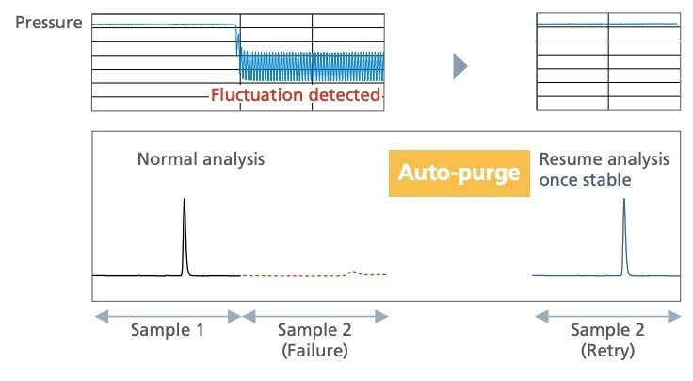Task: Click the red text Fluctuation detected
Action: coord(295,94)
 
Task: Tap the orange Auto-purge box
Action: coord(459,174)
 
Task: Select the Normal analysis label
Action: coord(201,158)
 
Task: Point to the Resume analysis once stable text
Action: coord(604,168)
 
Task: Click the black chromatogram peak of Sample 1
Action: coord(185,236)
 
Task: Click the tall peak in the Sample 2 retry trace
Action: coord(623,236)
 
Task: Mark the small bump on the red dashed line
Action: coord(353,272)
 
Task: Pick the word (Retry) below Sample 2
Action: coord(607,351)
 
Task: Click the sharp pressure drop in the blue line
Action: coord(236,42)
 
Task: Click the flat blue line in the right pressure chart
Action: coord(607,25)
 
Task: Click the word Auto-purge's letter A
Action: coord(406,174)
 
